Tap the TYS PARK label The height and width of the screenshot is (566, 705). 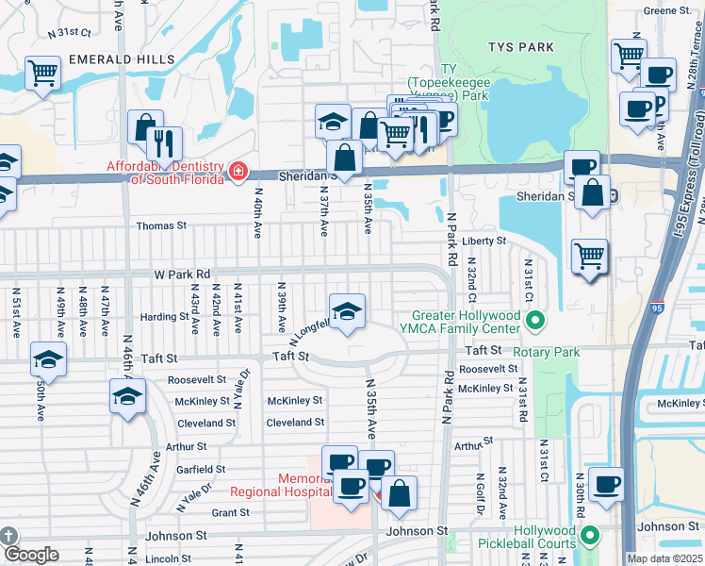pyautogui.click(x=516, y=46)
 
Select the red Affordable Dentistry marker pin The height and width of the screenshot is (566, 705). pyautogui.click(x=238, y=171)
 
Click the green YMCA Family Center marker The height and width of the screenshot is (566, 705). pyautogui.click(x=535, y=322)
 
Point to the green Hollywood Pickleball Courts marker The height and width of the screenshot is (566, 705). pyautogui.click(x=590, y=537)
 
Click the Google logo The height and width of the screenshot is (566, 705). pyautogui.click(x=30, y=555)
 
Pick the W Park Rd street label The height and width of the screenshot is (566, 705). pyautogui.click(x=182, y=275)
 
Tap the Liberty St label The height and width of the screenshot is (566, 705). pyautogui.click(x=484, y=241)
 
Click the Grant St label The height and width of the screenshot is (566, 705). pyautogui.click(x=230, y=513)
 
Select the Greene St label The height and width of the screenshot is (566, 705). pyautogui.click(x=668, y=10)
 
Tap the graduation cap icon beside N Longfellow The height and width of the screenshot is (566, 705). pyautogui.click(x=347, y=310)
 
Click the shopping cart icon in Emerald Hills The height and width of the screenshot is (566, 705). pyautogui.click(x=42, y=72)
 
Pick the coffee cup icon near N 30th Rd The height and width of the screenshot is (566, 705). pyautogui.click(x=605, y=483)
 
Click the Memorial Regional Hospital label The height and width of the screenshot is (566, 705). pyautogui.click(x=279, y=485)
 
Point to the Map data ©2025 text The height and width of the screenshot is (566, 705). pyautogui.click(x=664, y=558)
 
